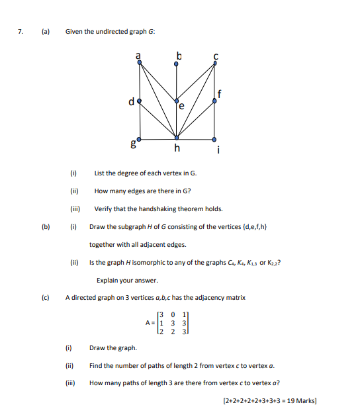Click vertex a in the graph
click(x=139, y=63)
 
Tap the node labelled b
click(x=177, y=64)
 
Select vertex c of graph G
click(x=214, y=63)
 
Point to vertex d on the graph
click(x=139, y=101)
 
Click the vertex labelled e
click(x=177, y=101)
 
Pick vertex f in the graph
click(x=214, y=101)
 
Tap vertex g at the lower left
click(x=139, y=139)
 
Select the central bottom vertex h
click(x=177, y=139)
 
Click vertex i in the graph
click(x=214, y=139)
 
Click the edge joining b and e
click(x=177, y=82)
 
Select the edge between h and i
click(x=196, y=139)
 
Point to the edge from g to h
click(x=157, y=139)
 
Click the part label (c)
click(x=46, y=298)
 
